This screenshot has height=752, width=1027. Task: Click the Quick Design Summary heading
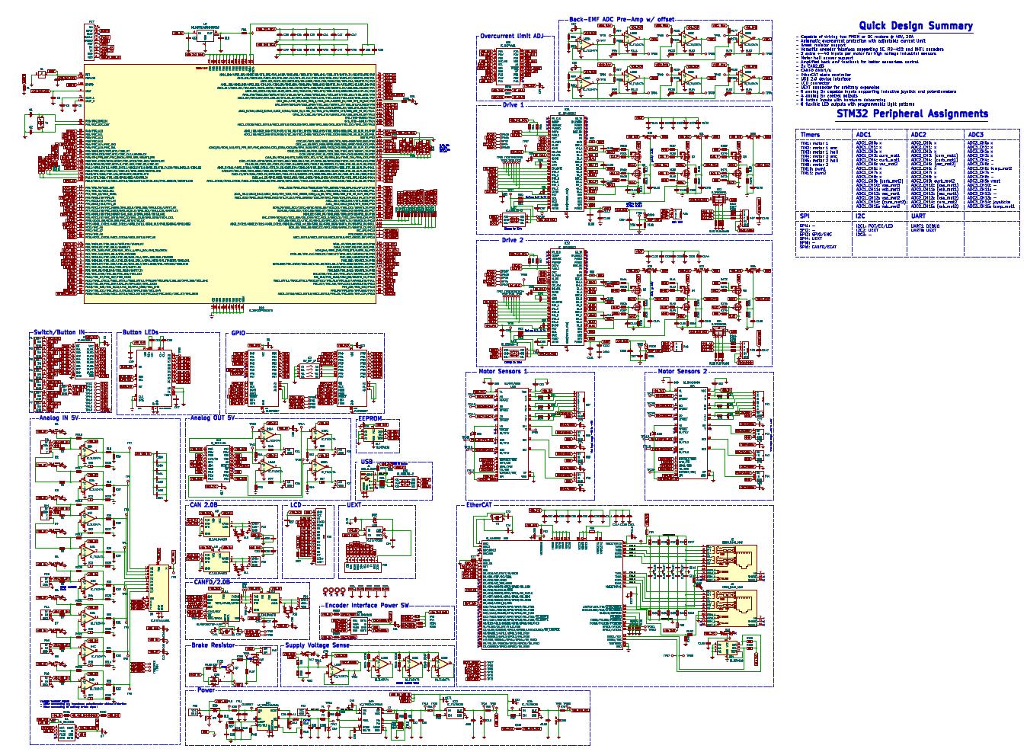point(915,26)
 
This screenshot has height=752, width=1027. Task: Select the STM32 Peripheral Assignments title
point(911,114)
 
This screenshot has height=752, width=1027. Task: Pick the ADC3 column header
point(976,135)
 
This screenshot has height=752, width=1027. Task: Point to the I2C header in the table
point(860,216)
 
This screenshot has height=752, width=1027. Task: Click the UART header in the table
point(919,216)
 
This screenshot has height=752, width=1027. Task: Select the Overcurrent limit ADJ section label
point(513,36)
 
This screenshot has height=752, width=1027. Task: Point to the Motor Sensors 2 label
point(682,372)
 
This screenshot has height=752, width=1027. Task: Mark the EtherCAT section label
point(482,505)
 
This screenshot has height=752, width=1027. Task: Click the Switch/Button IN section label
point(59,333)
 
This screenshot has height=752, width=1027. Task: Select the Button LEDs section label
point(141,333)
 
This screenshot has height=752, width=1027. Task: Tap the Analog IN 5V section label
point(59,418)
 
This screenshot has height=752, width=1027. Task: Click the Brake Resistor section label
point(213,645)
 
